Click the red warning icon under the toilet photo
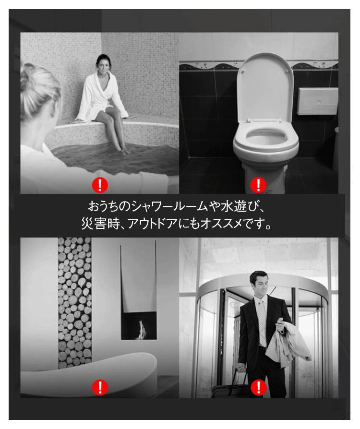(x=258, y=185)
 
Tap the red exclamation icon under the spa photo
(x=100, y=185)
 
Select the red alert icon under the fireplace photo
(x=100, y=387)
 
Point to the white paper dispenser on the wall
(x=318, y=101)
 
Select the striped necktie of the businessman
(x=262, y=323)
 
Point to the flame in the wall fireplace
(x=141, y=330)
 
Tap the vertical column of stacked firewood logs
(x=74, y=303)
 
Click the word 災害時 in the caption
(x=101, y=224)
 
